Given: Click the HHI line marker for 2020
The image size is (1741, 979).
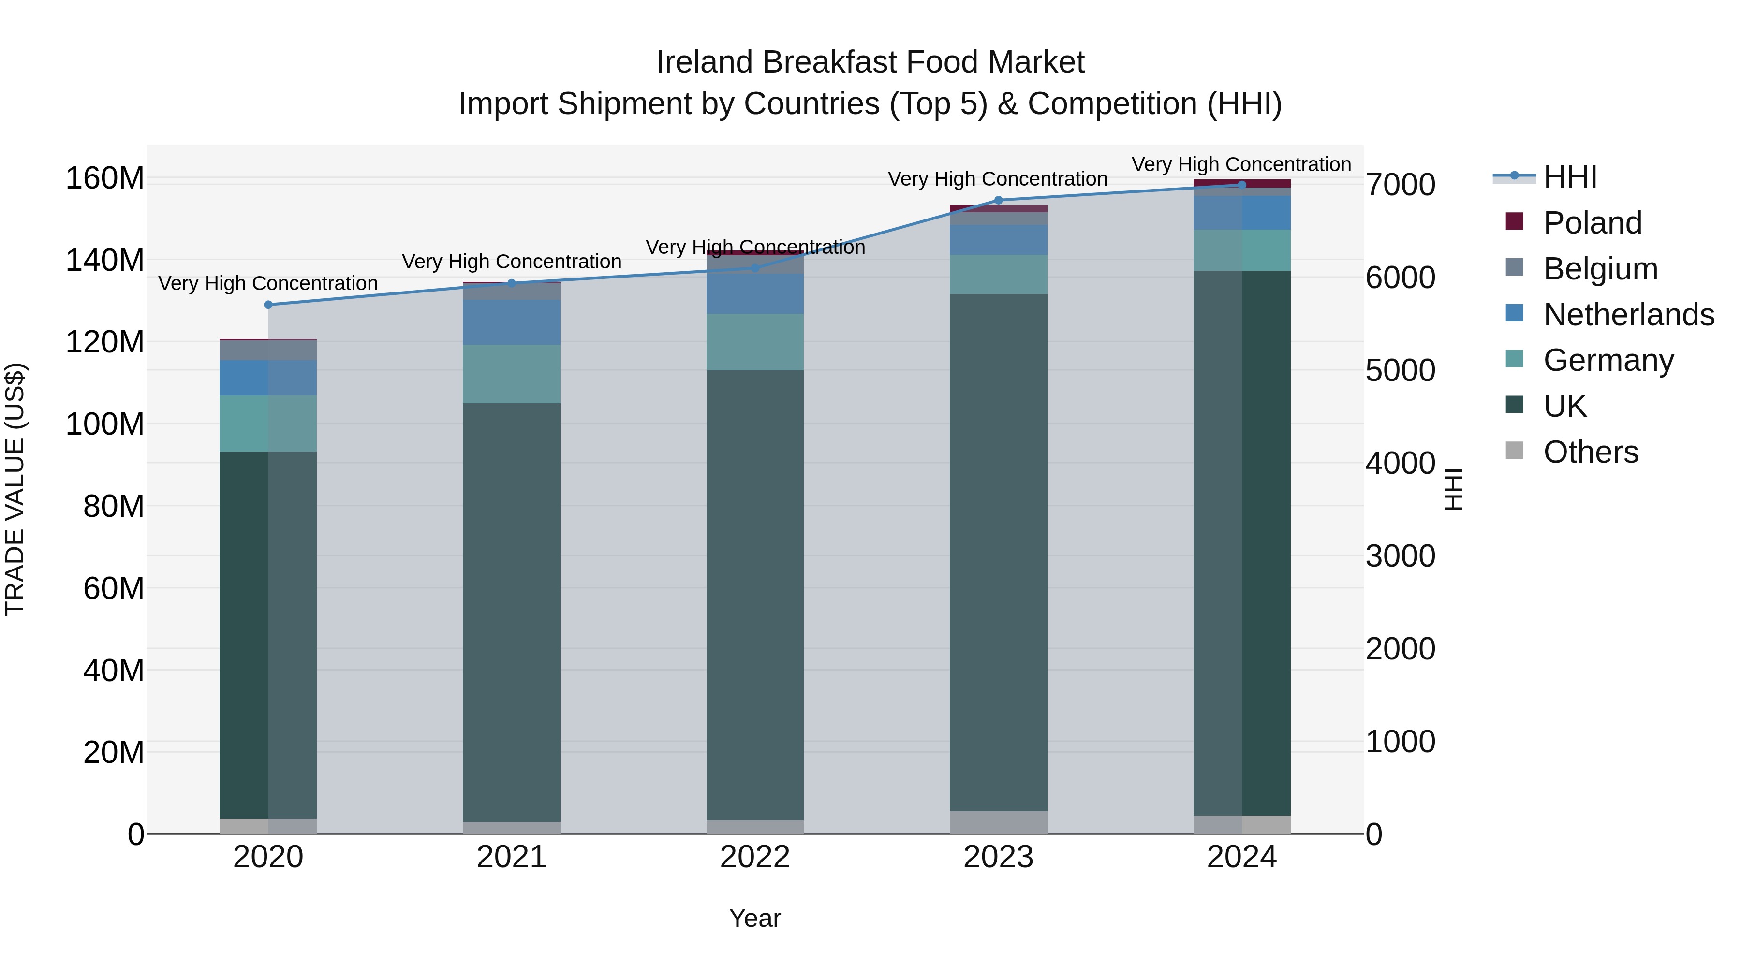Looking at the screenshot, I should tap(268, 305).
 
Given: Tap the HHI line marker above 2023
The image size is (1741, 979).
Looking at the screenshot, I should tap(999, 200).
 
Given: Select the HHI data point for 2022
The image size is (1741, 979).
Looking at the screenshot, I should tap(755, 268).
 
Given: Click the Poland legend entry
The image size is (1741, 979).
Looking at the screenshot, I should tap(1593, 223).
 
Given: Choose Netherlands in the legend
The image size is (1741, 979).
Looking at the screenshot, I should tap(1629, 315).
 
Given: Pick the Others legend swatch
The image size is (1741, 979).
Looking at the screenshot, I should tap(1515, 451).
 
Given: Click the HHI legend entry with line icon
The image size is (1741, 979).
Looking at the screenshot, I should tap(1570, 177).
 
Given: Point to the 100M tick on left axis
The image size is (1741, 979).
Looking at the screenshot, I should tap(105, 424).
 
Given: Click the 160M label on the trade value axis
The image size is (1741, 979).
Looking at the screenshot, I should tap(105, 178).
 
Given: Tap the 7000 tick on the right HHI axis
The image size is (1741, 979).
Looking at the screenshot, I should tap(1401, 185).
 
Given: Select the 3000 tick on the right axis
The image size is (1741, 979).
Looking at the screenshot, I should tap(1401, 556).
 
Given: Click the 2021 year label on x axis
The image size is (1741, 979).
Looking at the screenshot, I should tap(512, 857).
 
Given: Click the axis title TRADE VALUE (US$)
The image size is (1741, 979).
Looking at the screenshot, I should tap(15, 489).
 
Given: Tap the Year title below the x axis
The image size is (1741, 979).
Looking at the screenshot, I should tap(755, 918).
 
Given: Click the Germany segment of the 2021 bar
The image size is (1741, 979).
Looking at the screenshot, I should tap(512, 374).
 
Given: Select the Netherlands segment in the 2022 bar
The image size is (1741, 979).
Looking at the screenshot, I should tap(755, 293).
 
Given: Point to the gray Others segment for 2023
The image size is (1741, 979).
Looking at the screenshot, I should tap(999, 822).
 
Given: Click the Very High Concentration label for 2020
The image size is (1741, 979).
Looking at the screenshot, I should tap(268, 283).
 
